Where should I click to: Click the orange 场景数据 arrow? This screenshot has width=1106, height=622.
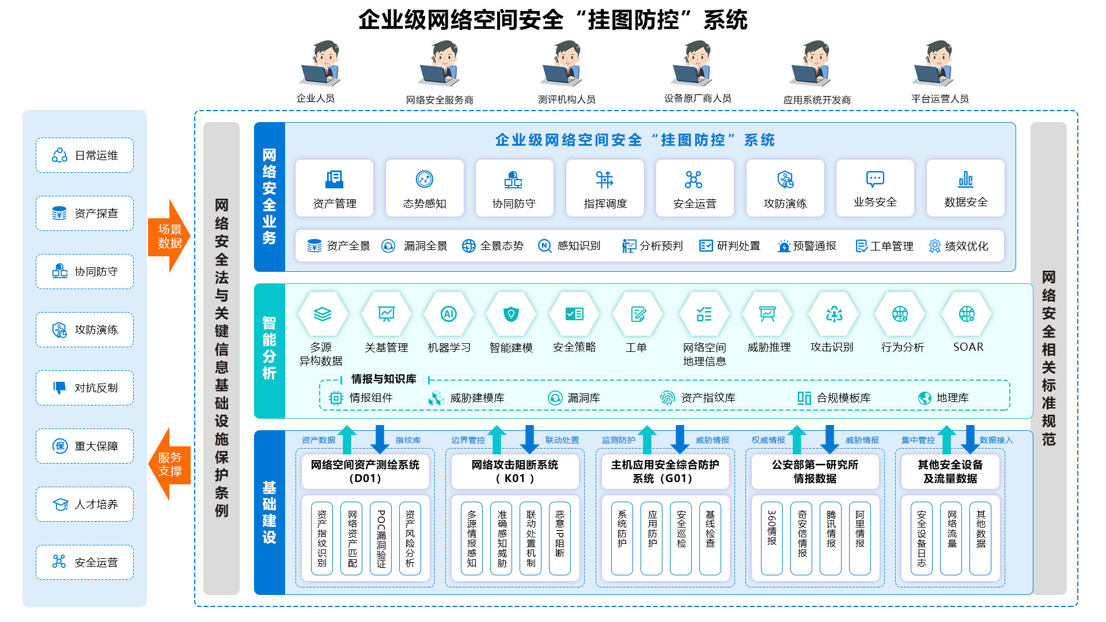click(169, 236)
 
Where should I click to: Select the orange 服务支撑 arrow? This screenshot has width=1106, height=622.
click(169, 464)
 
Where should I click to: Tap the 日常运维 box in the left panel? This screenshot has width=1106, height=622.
click(85, 155)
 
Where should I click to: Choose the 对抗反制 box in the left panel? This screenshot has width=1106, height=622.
click(85, 388)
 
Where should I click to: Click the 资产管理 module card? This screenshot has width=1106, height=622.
click(334, 188)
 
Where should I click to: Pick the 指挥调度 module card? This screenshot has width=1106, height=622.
click(605, 188)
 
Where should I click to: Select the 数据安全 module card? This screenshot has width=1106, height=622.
click(965, 188)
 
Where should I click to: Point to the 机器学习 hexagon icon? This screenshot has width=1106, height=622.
click(449, 314)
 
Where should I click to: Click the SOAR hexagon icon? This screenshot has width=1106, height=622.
click(967, 314)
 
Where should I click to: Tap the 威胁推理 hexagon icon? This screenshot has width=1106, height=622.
click(767, 314)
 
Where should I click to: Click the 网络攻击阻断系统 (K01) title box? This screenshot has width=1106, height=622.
click(515, 471)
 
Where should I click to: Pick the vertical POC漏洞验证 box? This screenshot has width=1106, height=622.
click(381, 538)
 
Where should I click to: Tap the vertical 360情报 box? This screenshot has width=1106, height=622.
click(772, 538)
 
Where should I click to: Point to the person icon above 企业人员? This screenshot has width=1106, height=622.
click(320, 63)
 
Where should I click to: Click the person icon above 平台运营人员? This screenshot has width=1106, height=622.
click(934, 63)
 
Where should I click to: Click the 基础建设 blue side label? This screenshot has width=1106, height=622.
click(270, 513)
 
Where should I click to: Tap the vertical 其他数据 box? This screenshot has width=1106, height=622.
click(980, 538)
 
